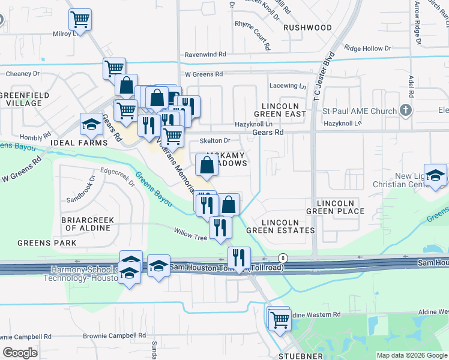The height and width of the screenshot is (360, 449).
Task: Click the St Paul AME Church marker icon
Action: point(406,110)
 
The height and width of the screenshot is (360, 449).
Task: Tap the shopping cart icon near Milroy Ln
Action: point(80,20)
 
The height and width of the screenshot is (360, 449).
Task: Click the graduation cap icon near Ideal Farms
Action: point(92,125)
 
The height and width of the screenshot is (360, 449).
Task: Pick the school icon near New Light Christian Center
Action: point(436,176)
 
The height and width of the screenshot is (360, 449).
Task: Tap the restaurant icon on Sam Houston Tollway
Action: point(239,258)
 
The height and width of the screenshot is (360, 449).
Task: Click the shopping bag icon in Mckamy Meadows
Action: point(206,166)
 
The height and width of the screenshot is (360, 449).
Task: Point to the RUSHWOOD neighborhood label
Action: point(307,28)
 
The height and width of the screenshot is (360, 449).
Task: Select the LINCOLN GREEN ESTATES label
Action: point(289,226)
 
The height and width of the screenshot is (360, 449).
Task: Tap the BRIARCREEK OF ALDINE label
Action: point(88,224)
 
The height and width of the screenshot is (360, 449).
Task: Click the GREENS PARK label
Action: point(47,243)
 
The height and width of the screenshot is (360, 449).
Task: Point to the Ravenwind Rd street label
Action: point(205,54)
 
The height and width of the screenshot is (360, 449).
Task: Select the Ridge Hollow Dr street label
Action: point(368,48)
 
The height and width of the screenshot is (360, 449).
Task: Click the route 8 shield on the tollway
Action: point(283,257)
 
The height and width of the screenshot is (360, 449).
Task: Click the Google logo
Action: point(20,353)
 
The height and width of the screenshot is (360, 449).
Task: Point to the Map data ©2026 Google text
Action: point(412,355)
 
